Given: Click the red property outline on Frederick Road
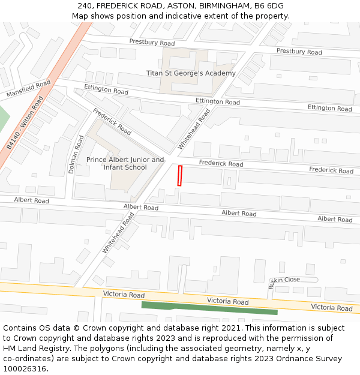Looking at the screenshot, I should point(179,175).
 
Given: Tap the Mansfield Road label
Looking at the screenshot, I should point(29,89).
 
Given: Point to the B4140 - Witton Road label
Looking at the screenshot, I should point(25,124).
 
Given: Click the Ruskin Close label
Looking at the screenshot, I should point(284,280).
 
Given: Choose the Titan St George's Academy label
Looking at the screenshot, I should point(191,73).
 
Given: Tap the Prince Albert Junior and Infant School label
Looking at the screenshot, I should point(125,163).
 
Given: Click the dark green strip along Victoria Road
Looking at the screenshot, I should point(209,308).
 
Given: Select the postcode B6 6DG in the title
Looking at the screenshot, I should point(269,6).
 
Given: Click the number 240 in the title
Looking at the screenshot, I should point(85,6).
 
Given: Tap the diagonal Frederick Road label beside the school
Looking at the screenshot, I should point(112,122).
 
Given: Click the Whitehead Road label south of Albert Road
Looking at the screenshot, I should point(118,236).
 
